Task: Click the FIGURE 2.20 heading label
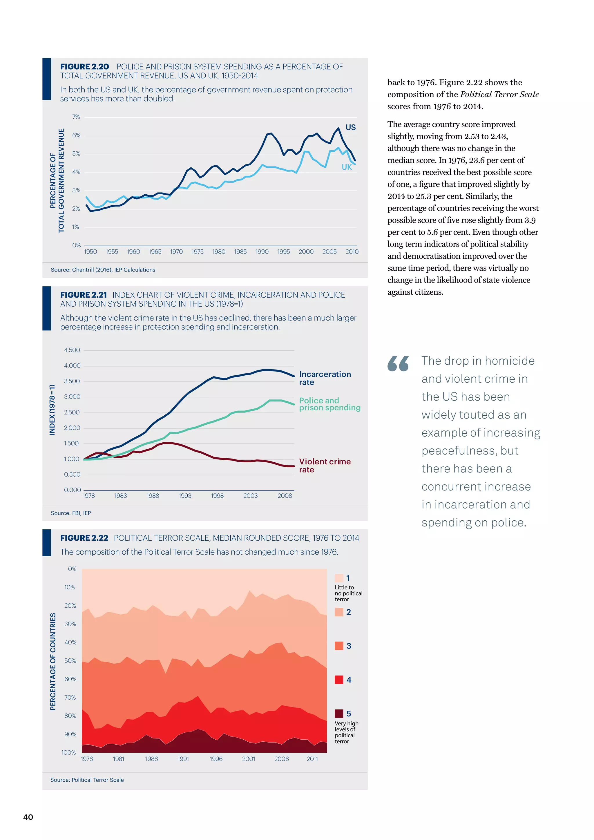point(84,67)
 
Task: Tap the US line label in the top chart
point(350,127)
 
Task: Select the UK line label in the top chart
point(346,167)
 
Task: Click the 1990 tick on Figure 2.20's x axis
point(262,252)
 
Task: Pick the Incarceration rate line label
point(325,378)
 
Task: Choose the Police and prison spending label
point(329,404)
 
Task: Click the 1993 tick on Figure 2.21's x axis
point(185,496)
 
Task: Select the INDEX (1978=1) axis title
point(52,410)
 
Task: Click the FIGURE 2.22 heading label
point(84,538)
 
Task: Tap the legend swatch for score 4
point(339,680)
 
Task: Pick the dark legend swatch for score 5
point(339,714)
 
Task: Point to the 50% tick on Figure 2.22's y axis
point(70,661)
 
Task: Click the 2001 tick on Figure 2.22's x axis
point(248,759)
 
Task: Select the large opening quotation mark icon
point(398,364)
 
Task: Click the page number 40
point(28,817)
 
